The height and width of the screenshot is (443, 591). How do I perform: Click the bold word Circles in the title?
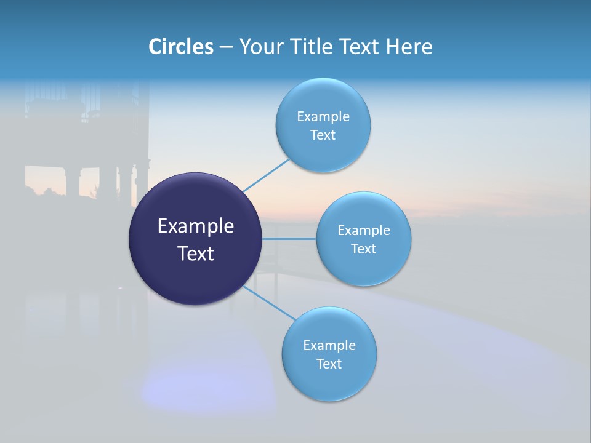(180, 47)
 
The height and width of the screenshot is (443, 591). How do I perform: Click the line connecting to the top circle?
(266, 175)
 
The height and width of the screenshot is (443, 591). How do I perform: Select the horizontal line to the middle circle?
(289, 239)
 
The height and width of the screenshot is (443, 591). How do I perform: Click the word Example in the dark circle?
(196, 226)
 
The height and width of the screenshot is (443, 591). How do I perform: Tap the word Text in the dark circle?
(196, 253)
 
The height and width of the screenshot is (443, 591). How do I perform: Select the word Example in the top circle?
(323, 117)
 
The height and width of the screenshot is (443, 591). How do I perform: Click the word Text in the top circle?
(323, 135)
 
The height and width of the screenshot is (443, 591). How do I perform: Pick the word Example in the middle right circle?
(364, 231)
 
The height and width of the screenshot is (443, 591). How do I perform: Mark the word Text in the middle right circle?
(364, 249)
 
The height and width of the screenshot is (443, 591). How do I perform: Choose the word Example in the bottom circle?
(329, 346)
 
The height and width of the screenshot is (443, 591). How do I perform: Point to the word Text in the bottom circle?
(329, 364)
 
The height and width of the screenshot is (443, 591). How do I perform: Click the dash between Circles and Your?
(226, 47)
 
